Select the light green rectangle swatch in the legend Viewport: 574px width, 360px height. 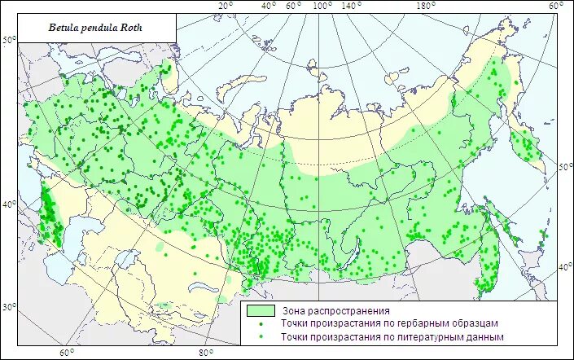point(259,310)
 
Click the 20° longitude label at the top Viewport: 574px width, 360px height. point(226,7)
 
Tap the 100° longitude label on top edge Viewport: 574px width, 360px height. point(322,7)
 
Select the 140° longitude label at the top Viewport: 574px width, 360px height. point(352,7)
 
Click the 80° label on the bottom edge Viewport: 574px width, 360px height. point(206,353)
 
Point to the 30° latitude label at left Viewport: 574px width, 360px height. point(8,307)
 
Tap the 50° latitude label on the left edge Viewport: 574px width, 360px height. point(8,40)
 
